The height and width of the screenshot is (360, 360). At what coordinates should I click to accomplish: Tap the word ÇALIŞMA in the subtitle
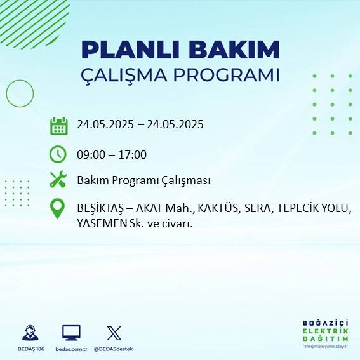pos(125,75)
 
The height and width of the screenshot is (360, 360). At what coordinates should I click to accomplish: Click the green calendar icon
pos(58,125)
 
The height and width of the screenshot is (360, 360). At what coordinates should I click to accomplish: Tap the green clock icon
pos(58,154)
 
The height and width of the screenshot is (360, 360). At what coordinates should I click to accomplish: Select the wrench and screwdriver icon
pos(58,180)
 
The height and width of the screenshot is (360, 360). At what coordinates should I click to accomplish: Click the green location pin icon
pos(58,209)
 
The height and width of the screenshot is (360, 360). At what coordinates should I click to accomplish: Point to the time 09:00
pos(91,154)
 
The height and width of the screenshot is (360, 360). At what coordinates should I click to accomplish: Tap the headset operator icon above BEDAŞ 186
pos(30,333)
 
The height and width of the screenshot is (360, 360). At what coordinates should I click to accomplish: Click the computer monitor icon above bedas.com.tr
pos(71,333)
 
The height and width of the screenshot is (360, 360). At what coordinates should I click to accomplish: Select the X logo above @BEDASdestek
pos(114,333)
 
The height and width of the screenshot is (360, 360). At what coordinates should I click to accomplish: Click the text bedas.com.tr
pos(72,349)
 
